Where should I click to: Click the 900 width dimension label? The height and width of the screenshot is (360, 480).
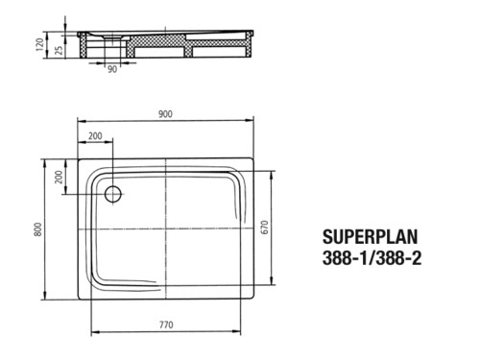pyautogui.click(x=165, y=114)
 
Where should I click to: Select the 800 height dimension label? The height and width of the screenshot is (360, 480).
pyautogui.click(x=38, y=229)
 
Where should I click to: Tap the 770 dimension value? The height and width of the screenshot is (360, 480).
pyautogui.click(x=166, y=324)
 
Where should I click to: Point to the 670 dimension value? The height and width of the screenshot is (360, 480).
pyautogui.click(x=265, y=228)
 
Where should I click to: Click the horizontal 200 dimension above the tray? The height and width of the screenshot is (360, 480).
pyautogui.click(x=95, y=136)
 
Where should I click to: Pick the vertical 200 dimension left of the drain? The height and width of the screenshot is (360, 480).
pyautogui.click(x=59, y=177)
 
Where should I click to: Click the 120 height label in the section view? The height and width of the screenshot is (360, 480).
pyautogui.click(x=39, y=44)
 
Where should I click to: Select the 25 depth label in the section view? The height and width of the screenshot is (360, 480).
pyautogui.click(x=59, y=50)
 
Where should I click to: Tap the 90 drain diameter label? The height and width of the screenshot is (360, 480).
pyautogui.click(x=112, y=69)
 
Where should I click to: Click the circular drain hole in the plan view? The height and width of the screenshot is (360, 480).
pyautogui.click(x=113, y=194)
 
